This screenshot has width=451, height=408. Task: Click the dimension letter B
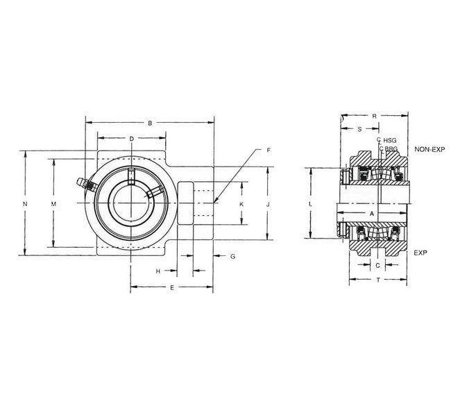150,123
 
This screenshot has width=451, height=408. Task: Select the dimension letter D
131,139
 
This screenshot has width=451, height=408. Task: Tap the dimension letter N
25,204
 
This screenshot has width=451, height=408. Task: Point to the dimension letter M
54,204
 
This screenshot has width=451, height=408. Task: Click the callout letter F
269,150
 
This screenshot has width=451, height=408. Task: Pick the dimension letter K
241,204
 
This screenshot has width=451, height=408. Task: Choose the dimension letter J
268,204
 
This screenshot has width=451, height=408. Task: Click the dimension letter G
233,256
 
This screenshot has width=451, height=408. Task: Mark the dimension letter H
158,271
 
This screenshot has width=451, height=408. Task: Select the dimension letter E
172,288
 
